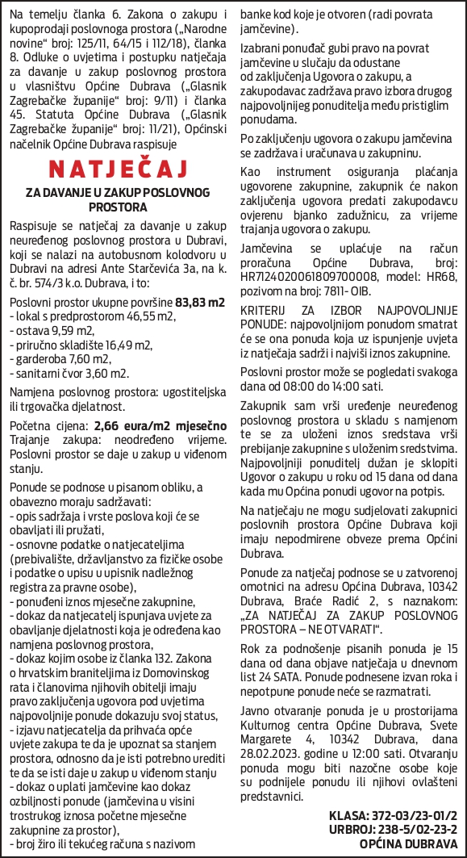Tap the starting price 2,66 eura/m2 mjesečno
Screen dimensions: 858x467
[161, 425]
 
